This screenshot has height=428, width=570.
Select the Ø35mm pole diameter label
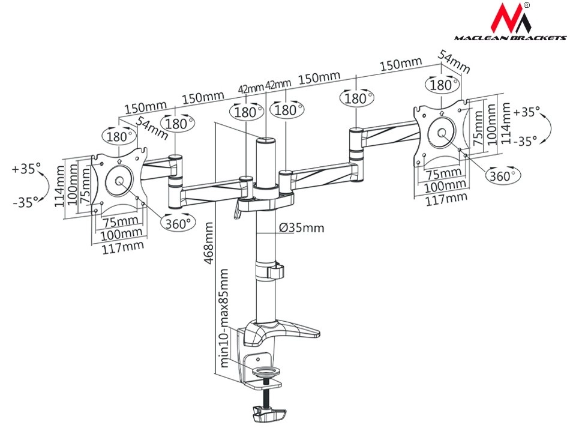[x=301, y=228]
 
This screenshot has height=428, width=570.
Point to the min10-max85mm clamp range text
[x=224, y=318]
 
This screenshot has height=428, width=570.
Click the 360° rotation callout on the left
[x=178, y=222]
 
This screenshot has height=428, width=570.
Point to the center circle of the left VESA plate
[x=118, y=181]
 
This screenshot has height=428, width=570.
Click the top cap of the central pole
[x=265, y=142]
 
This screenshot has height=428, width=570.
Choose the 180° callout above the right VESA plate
[x=442, y=85]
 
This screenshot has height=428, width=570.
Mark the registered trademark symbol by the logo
[x=526, y=5]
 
